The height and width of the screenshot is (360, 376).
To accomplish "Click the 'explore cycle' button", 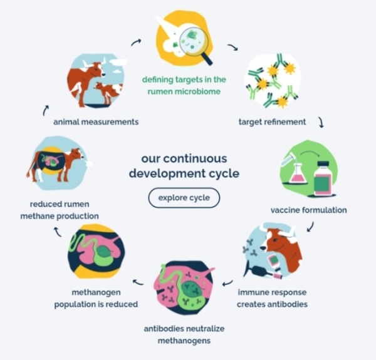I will click(x=184, y=198).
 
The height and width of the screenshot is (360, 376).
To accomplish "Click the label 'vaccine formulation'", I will click(x=308, y=210).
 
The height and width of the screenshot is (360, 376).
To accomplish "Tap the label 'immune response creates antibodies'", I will click(x=273, y=298).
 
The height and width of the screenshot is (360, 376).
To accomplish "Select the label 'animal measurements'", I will click(x=96, y=121).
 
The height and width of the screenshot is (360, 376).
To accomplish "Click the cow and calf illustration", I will click(x=95, y=80).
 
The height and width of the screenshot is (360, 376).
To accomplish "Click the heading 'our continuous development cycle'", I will click(x=184, y=165).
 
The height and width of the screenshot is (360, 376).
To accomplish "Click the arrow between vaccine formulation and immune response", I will click(x=310, y=229).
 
